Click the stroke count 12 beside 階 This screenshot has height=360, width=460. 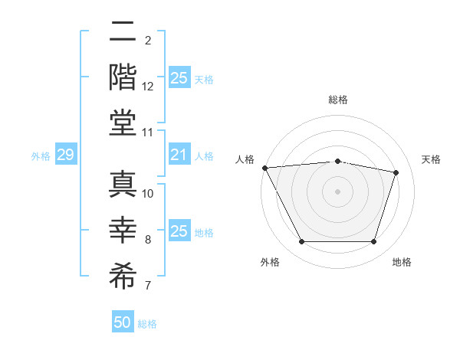[x=149, y=87]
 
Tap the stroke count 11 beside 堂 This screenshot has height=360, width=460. [x=149, y=133]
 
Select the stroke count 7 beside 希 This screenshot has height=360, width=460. [x=149, y=286]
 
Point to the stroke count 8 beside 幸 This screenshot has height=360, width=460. [x=149, y=241]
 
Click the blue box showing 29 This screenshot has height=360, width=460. [x=65, y=155]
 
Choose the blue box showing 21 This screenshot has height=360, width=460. [x=179, y=155]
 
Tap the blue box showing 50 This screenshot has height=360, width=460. [x=123, y=322]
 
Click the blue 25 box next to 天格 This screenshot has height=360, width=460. [x=179, y=78]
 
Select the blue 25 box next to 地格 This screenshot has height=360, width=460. [x=179, y=231]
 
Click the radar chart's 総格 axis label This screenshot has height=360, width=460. [x=338, y=100]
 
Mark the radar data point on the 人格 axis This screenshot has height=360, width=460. [x=264, y=167]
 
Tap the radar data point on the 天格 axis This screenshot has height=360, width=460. [x=396, y=172]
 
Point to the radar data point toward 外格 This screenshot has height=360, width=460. [x=301, y=242]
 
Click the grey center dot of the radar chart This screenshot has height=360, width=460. [x=338, y=191]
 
